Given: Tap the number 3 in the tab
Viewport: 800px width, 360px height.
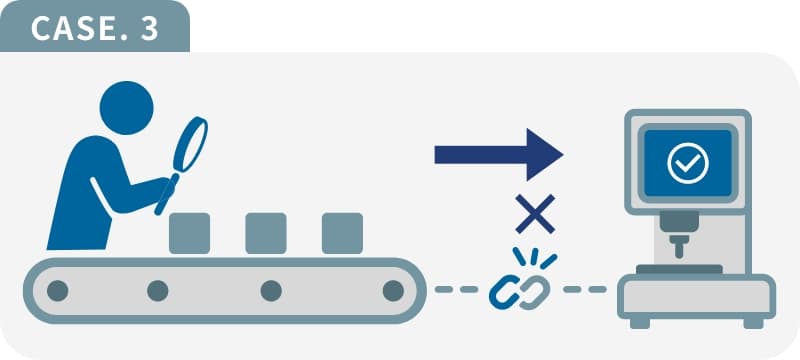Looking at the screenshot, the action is click(x=149, y=29).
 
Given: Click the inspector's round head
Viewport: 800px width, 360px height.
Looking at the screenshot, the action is click(x=127, y=108).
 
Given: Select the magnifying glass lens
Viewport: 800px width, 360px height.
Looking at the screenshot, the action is click(x=190, y=145).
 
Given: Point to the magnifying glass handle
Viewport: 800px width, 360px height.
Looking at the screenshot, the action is click(x=166, y=194).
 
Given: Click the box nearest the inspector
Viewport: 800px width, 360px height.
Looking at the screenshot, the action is click(x=189, y=233).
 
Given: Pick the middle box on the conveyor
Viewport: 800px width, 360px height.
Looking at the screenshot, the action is click(x=266, y=233).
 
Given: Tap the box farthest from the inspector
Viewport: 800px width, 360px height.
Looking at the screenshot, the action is click(x=342, y=233).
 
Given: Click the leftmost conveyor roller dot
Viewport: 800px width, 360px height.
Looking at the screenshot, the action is click(x=58, y=291).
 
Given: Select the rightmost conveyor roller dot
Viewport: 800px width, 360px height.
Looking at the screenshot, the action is click(x=393, y=291).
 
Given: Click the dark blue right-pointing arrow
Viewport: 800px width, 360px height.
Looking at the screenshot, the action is click(x=498, y=155).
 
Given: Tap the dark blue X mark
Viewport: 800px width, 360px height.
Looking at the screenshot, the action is click(x=535, y=214).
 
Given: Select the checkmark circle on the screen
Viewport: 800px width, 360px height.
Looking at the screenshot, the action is click(x=688, y=163).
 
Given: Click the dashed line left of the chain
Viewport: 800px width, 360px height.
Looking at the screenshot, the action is click(x=456, y=290).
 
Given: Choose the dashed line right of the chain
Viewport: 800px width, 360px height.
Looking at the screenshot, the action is click(x=585, y=290).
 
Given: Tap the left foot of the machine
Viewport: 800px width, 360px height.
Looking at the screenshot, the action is click(x=640, y=323).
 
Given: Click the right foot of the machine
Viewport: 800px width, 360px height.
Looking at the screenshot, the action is click(x=754, y=323).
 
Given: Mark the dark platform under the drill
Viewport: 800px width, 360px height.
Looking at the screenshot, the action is click(x=679, y=269).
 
